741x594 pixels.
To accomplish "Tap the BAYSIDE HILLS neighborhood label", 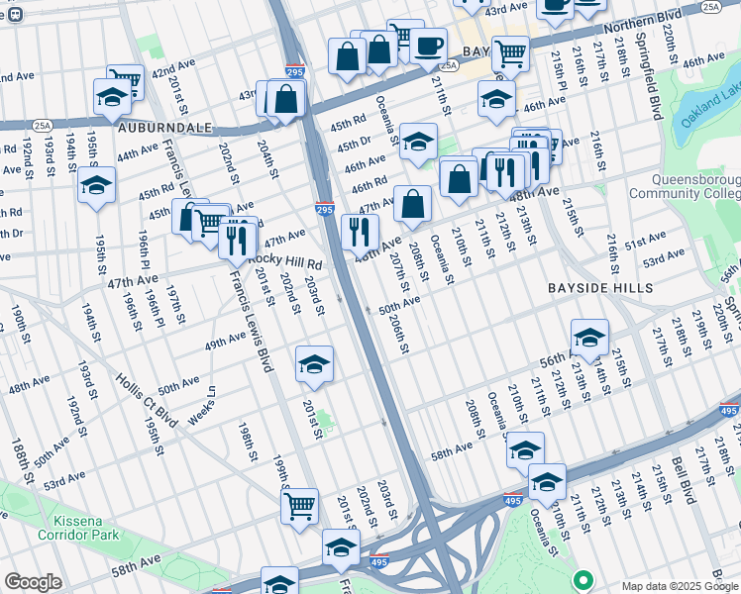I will (x=600, y=287).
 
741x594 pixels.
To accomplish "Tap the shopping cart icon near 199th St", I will (x=298, y=505).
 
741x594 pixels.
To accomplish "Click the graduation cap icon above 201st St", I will (x=314, y=363).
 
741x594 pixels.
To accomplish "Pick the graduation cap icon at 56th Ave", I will (x=589, y=338).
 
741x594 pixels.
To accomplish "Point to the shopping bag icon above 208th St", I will (x=412, y=205).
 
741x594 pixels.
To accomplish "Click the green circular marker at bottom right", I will (x=582, y=579).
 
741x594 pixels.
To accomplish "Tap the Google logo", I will (x=34, y=582).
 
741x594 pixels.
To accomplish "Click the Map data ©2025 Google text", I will (x=680, y=586).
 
